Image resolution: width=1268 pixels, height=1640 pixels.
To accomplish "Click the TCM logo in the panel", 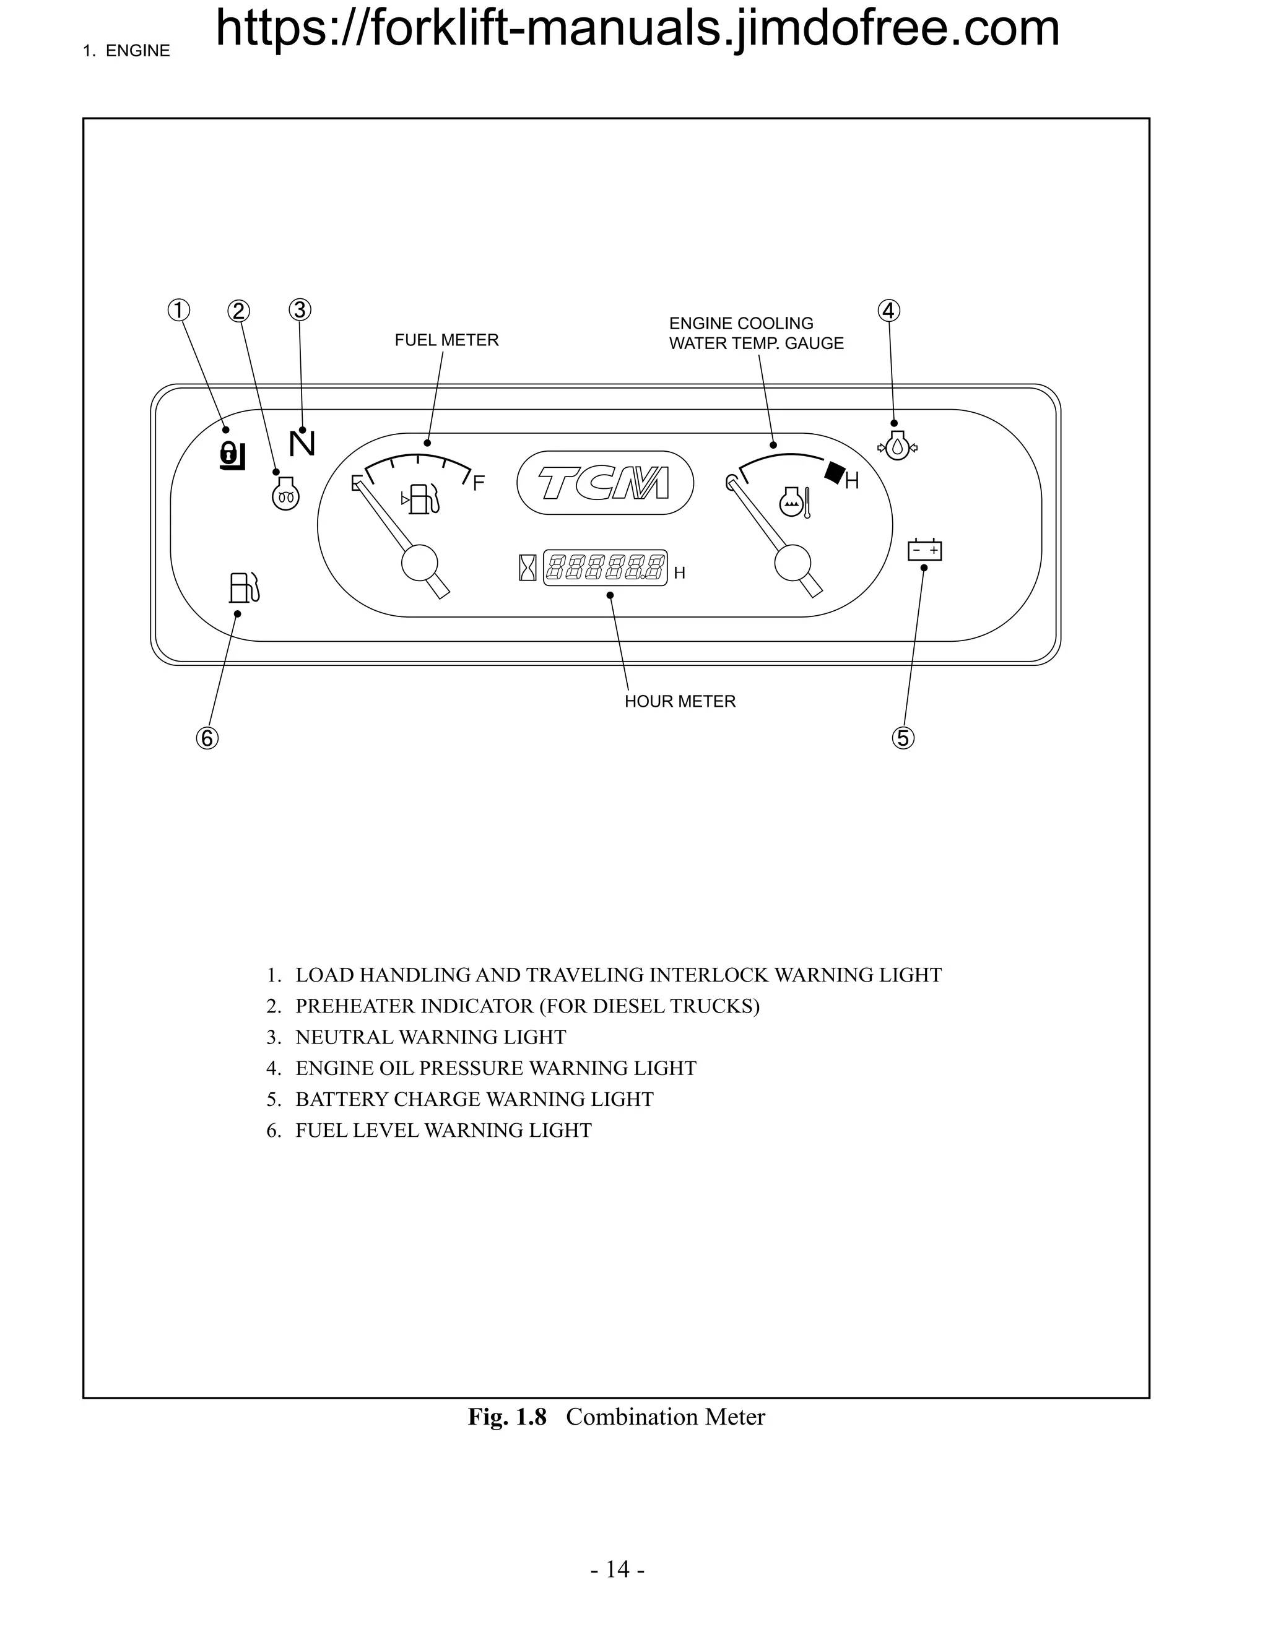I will [x=605, y=483].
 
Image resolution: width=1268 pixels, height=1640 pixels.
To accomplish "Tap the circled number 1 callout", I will [x=179, y=310].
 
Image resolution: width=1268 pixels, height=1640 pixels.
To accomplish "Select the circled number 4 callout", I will [x=888, y=310].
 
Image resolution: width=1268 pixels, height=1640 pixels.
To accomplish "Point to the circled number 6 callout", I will [x=207, y=738].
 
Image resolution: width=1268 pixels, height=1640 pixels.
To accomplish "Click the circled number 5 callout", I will [x=903, y=738].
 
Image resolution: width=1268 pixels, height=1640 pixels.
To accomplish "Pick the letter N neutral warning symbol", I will [x=302, y=444].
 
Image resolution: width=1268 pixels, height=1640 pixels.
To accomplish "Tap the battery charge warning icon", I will [x=925, y=550].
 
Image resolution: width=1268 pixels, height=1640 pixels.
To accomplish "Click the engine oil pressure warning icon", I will [x=898, y=447].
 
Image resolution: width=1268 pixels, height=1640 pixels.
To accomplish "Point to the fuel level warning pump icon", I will [x=244, y=587].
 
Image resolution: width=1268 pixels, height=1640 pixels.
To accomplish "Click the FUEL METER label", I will [x=446, y=340].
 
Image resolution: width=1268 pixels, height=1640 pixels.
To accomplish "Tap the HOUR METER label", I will [x=680, y=701].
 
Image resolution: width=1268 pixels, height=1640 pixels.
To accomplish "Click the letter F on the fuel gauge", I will [x=479, y=483].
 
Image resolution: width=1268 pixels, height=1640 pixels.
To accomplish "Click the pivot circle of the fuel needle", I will [x=420, y=563].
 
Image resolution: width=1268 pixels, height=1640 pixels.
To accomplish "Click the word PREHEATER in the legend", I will [x=345, y=1006].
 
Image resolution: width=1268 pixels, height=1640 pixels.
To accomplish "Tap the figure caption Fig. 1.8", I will [x=507, y=1417].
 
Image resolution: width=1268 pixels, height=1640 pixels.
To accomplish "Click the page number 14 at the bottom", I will [x=617, y=1569].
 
